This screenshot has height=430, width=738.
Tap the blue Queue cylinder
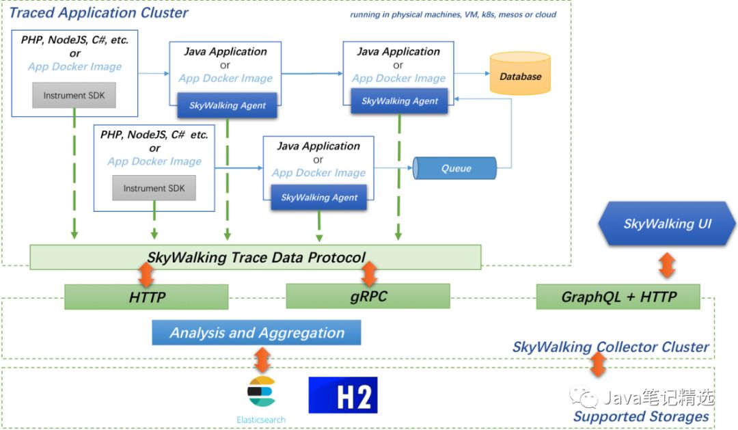455,168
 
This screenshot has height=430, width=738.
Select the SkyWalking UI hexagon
667,224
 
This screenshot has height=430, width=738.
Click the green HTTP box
146,297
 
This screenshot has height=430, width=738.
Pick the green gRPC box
368,297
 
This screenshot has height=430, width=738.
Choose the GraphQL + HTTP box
618,297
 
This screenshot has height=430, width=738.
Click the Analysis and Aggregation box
256,333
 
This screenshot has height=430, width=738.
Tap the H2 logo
342,395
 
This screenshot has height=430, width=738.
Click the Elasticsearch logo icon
261,392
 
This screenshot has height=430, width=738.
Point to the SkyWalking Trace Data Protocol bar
256,257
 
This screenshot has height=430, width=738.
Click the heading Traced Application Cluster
98,13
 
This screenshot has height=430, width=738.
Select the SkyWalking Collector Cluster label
610,347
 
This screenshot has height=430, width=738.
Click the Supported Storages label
640,416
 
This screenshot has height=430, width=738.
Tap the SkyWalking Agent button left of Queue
319,198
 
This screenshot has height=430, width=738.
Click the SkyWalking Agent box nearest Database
400,101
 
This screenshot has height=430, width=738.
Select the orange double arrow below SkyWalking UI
667,265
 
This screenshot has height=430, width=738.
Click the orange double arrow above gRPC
369,273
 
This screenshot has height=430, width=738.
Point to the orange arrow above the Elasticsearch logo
262,360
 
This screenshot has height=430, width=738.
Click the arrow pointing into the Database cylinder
471,72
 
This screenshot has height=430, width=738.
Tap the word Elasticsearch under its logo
260,419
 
